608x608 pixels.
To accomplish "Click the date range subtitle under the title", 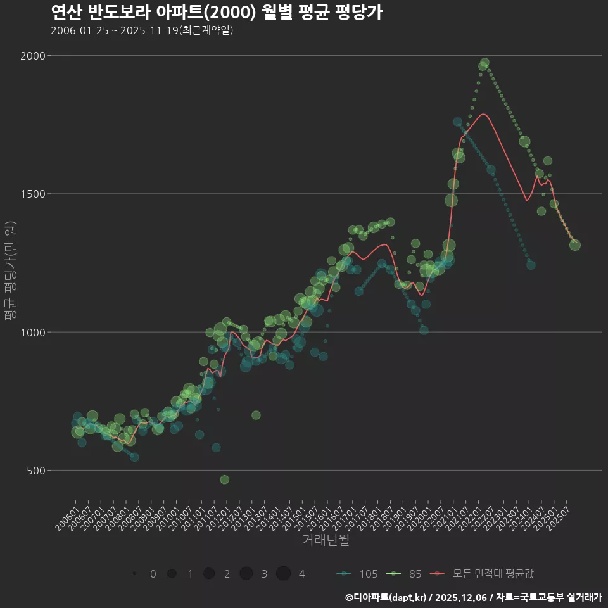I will point(142,30).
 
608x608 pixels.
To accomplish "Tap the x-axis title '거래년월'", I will point(326,540).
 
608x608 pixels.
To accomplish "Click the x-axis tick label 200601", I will point(67,515).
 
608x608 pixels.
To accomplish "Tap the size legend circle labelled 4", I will point(283,574).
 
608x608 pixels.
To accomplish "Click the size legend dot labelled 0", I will point(134,574).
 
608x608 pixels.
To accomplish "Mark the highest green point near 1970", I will point(484,63).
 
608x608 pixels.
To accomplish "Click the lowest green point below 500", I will point(224,479).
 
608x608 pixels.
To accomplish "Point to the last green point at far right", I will point(574,244).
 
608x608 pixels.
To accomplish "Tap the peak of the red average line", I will point(484,114).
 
